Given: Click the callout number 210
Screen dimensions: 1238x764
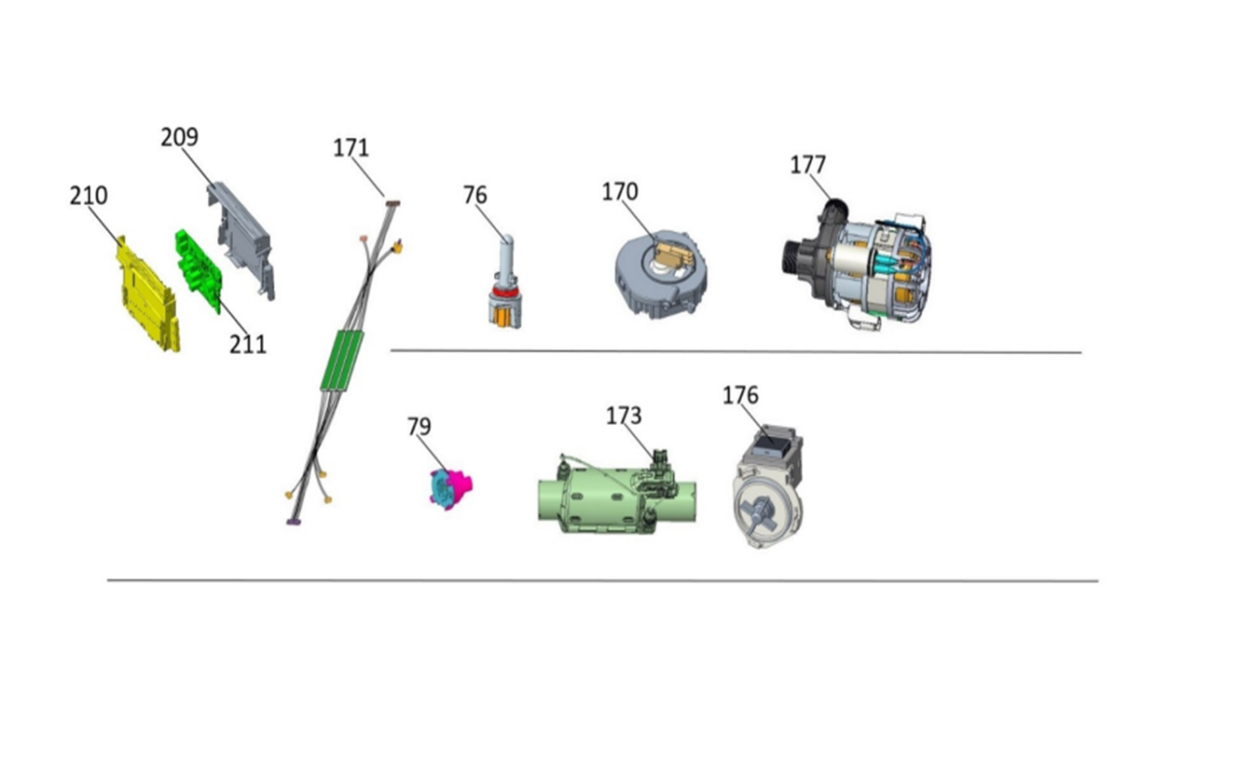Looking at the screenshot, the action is (x=89, y=196).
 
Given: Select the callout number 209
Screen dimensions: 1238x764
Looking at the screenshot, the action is (x=180, y=137).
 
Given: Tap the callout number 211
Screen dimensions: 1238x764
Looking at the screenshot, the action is (x=248, y=345).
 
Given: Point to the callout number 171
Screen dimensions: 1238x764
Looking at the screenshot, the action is (x=351, y=148).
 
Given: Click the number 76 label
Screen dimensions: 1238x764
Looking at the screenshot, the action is (x=475, y=195).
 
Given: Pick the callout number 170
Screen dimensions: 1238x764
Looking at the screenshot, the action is (x=620, y=192).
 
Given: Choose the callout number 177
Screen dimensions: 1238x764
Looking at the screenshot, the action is (x=808, y=165).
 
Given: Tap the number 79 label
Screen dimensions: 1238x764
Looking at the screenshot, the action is (x=419, y=427).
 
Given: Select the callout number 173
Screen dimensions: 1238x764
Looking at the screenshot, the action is (x=624, y=416).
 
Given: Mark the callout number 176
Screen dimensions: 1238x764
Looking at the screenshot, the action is (x=740, y=396).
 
